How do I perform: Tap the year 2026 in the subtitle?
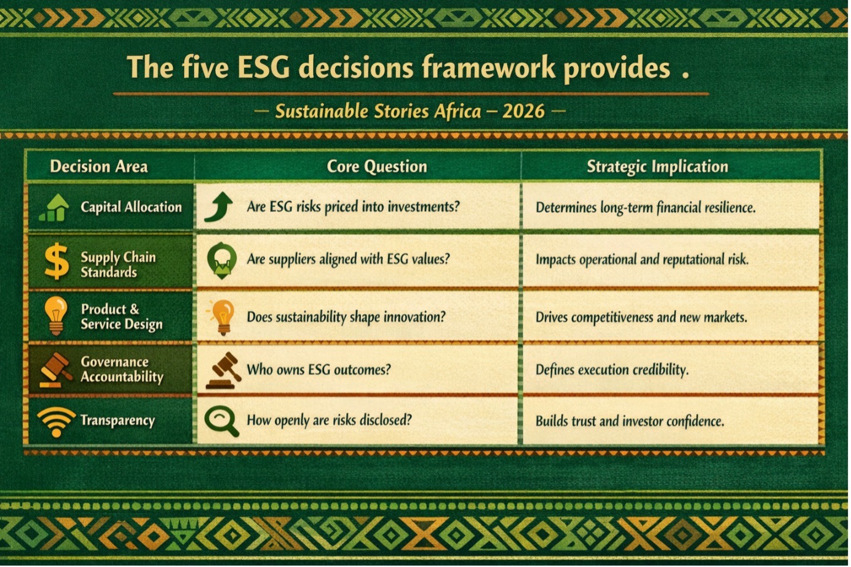523,111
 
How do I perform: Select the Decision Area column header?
99,167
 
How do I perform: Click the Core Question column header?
377,167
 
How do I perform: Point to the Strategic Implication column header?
657,167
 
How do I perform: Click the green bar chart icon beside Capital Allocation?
54,207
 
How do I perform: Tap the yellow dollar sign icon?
57,261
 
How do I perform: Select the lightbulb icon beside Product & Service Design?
56,316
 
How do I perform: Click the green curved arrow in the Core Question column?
219,207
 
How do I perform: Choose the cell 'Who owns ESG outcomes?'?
319,370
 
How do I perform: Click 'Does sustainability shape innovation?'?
346,317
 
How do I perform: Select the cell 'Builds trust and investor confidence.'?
630,421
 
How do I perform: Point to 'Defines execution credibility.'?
612,370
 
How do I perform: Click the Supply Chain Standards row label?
118,265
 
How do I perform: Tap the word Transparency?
118,421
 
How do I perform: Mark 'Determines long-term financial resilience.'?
646,207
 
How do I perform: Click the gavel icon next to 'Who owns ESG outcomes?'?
223,371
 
